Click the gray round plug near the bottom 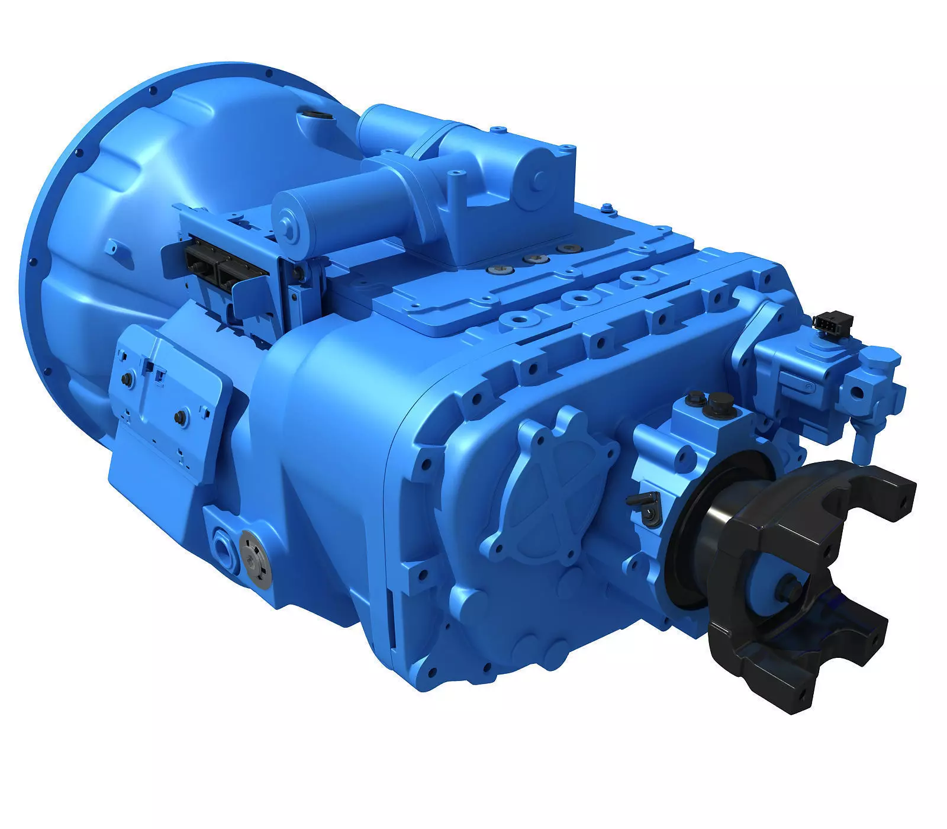pos(256,558)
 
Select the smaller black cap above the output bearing pos(694,403)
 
